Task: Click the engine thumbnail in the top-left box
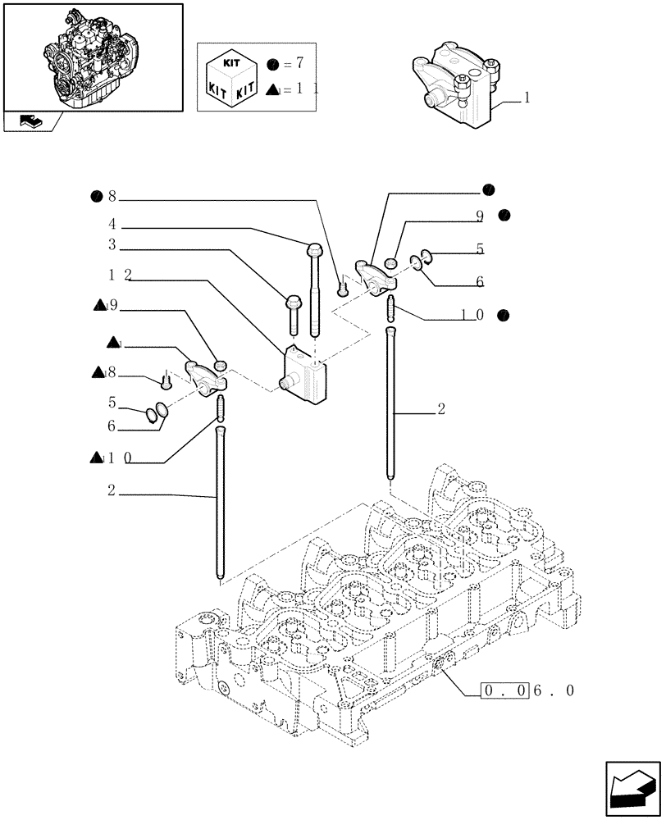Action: coord(92,56)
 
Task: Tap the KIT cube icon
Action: coord(235,75)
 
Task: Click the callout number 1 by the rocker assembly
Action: coord(526,97)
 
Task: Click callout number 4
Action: coord(112,223)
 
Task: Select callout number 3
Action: coord(112,244)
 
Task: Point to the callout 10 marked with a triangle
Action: coord(118,458)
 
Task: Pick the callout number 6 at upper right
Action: coord(479,282)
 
